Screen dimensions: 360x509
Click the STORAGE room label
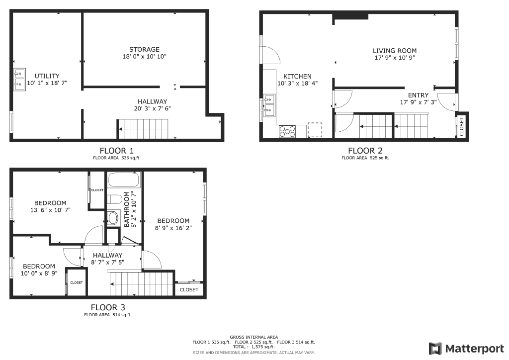click(144, 49)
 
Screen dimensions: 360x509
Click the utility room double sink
click(19, 80)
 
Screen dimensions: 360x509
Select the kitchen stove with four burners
click(287, 131)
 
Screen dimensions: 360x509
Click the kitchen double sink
click(269, 105)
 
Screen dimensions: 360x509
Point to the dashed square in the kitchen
click(315, 129)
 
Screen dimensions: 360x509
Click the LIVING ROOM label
click(395, 51)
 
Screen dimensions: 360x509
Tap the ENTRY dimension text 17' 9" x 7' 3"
click(418, 102)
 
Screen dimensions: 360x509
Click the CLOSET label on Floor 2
click(461, 126)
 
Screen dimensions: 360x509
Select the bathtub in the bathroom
click(124, 180)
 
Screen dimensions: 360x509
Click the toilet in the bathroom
click(114, 200)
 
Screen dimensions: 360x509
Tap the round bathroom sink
click(113, 218)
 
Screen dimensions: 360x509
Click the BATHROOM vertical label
click(129, 209)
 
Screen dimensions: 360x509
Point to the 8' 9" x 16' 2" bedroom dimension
click(173, 228)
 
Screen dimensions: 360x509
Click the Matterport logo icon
click(435, 348)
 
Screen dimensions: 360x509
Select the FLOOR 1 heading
click(116, 151)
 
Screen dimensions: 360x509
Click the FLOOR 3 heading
click(108, 307)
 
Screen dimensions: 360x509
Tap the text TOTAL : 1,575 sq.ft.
click(254, 347)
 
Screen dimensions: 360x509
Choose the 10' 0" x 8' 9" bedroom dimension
click(39, 273)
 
